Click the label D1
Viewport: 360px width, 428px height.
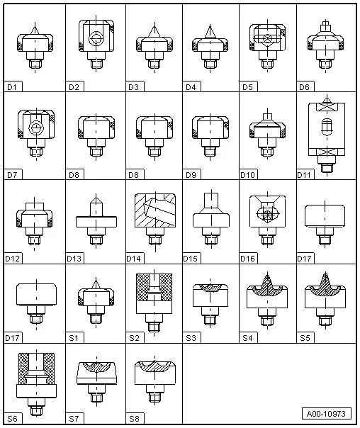(x=12, y=87)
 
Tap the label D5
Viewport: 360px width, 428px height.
(x=247, y=87)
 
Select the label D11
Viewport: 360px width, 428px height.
(x=304, y=175)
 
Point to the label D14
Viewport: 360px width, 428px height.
(x=133, y=259)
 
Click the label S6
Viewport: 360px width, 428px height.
(x=12, y=419)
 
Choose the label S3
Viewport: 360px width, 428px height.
(x=191, y=338)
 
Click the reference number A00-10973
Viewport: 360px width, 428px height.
(x=326, y=414)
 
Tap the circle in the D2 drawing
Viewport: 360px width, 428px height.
(x=96, y=39)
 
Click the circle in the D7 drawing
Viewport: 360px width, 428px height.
(x=36, y=128)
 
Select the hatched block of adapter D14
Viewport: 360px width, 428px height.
(x=155, y=210)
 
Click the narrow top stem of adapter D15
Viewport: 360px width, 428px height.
(x=211, y=200)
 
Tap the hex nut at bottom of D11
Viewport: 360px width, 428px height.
(x=327, y=168)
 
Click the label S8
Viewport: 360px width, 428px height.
(x=134, y=419)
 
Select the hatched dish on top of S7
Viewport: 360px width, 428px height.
(x=96, y=366)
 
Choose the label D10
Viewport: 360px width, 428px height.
(x=247, y=175)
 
